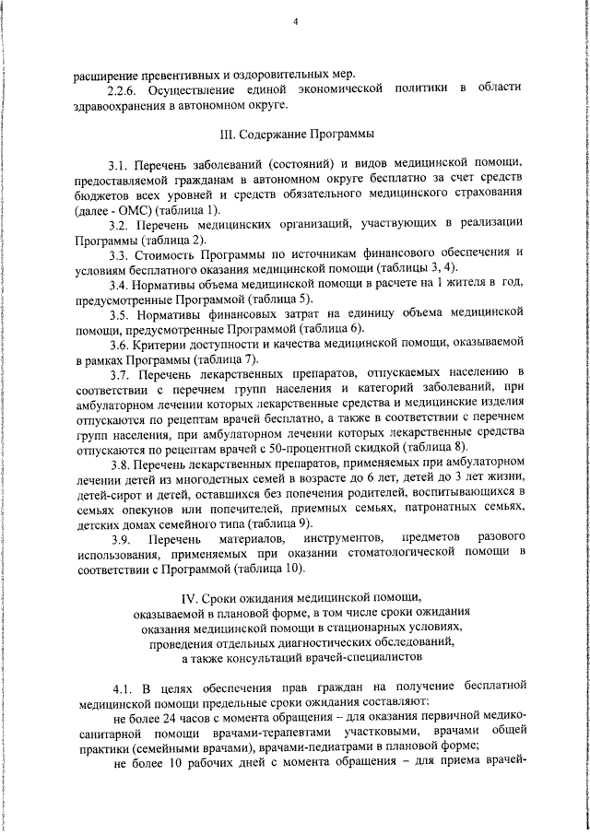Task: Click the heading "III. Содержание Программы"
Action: pyautogui.click(x=295, y=133)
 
